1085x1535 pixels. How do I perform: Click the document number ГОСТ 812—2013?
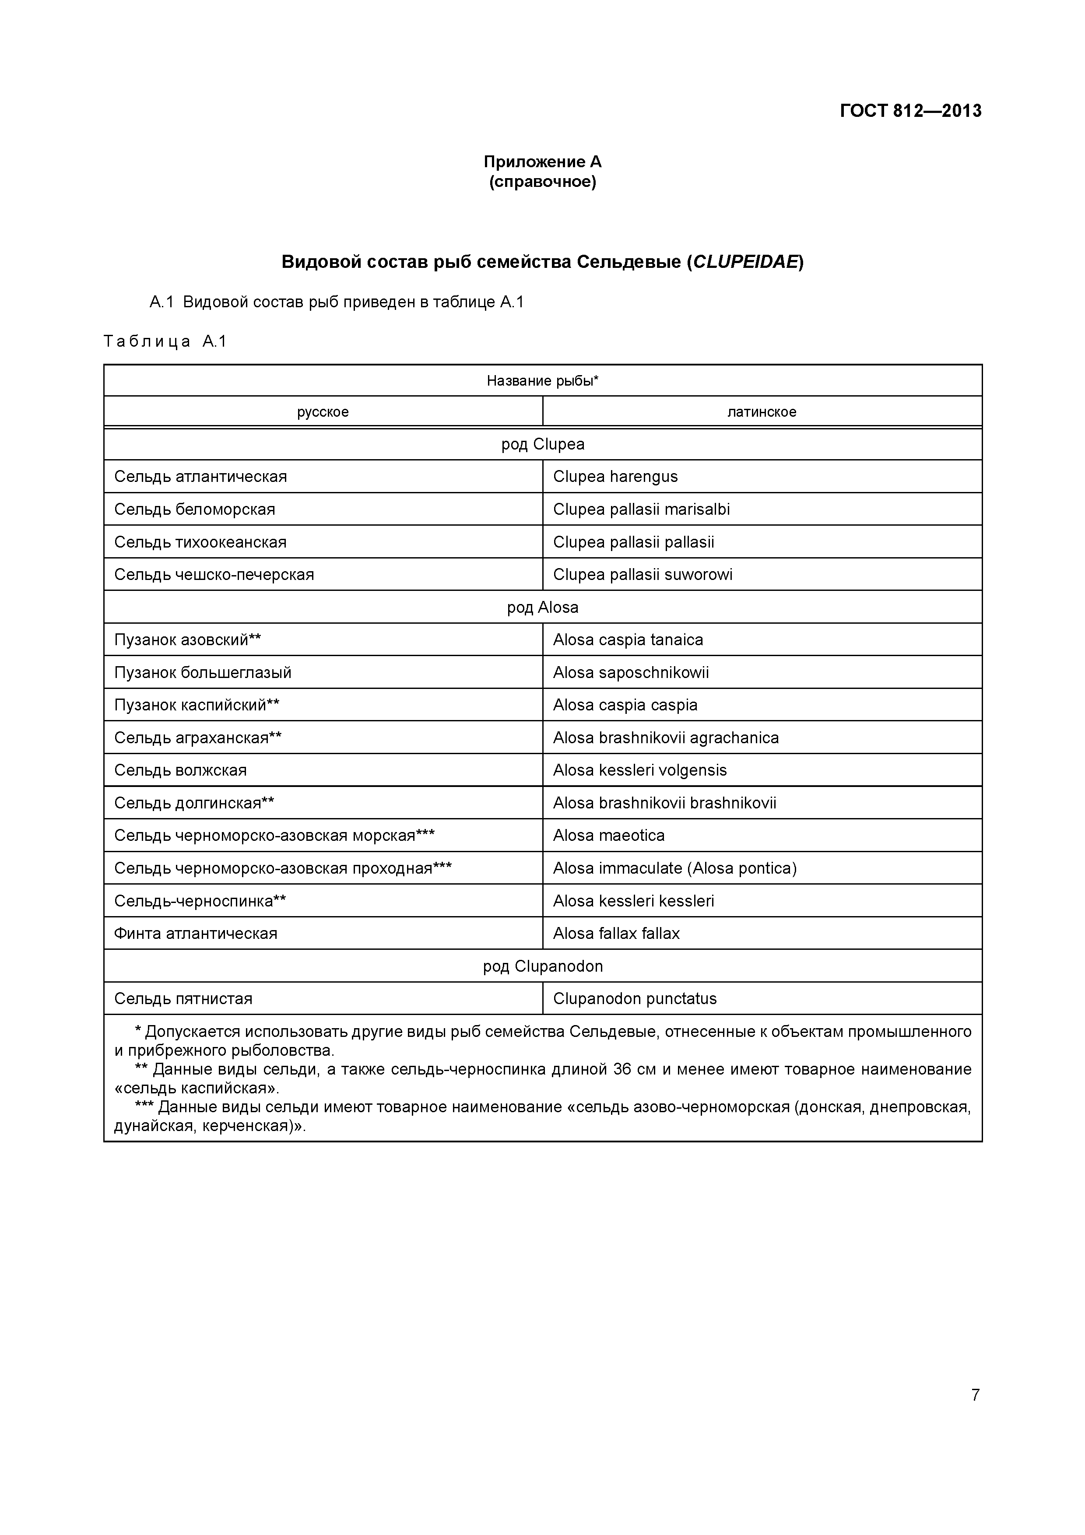(910, 110)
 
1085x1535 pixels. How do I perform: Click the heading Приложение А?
(542, 162)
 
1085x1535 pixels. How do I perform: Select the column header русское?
(323, 412)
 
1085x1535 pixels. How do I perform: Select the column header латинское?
(762, 412)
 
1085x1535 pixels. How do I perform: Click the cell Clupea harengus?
(615, 477)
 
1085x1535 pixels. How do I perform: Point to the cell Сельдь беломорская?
(194, 509)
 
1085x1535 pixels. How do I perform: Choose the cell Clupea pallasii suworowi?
(643, 574)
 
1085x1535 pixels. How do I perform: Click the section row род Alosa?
(542, 607)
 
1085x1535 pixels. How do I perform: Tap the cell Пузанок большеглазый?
(203, 673)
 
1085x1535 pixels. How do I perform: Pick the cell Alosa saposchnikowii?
(630, 673)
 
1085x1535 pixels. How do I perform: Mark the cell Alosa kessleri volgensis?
(639, 770)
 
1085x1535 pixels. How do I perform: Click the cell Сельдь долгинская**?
(194, 803)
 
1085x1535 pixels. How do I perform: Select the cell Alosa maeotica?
(608, 836)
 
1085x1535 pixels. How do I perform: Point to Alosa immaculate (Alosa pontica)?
(674, 868)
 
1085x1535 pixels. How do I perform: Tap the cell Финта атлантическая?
(195, 933)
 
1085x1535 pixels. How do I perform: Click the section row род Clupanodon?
(542, 966)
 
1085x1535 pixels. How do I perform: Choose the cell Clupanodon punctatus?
(635, 999)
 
